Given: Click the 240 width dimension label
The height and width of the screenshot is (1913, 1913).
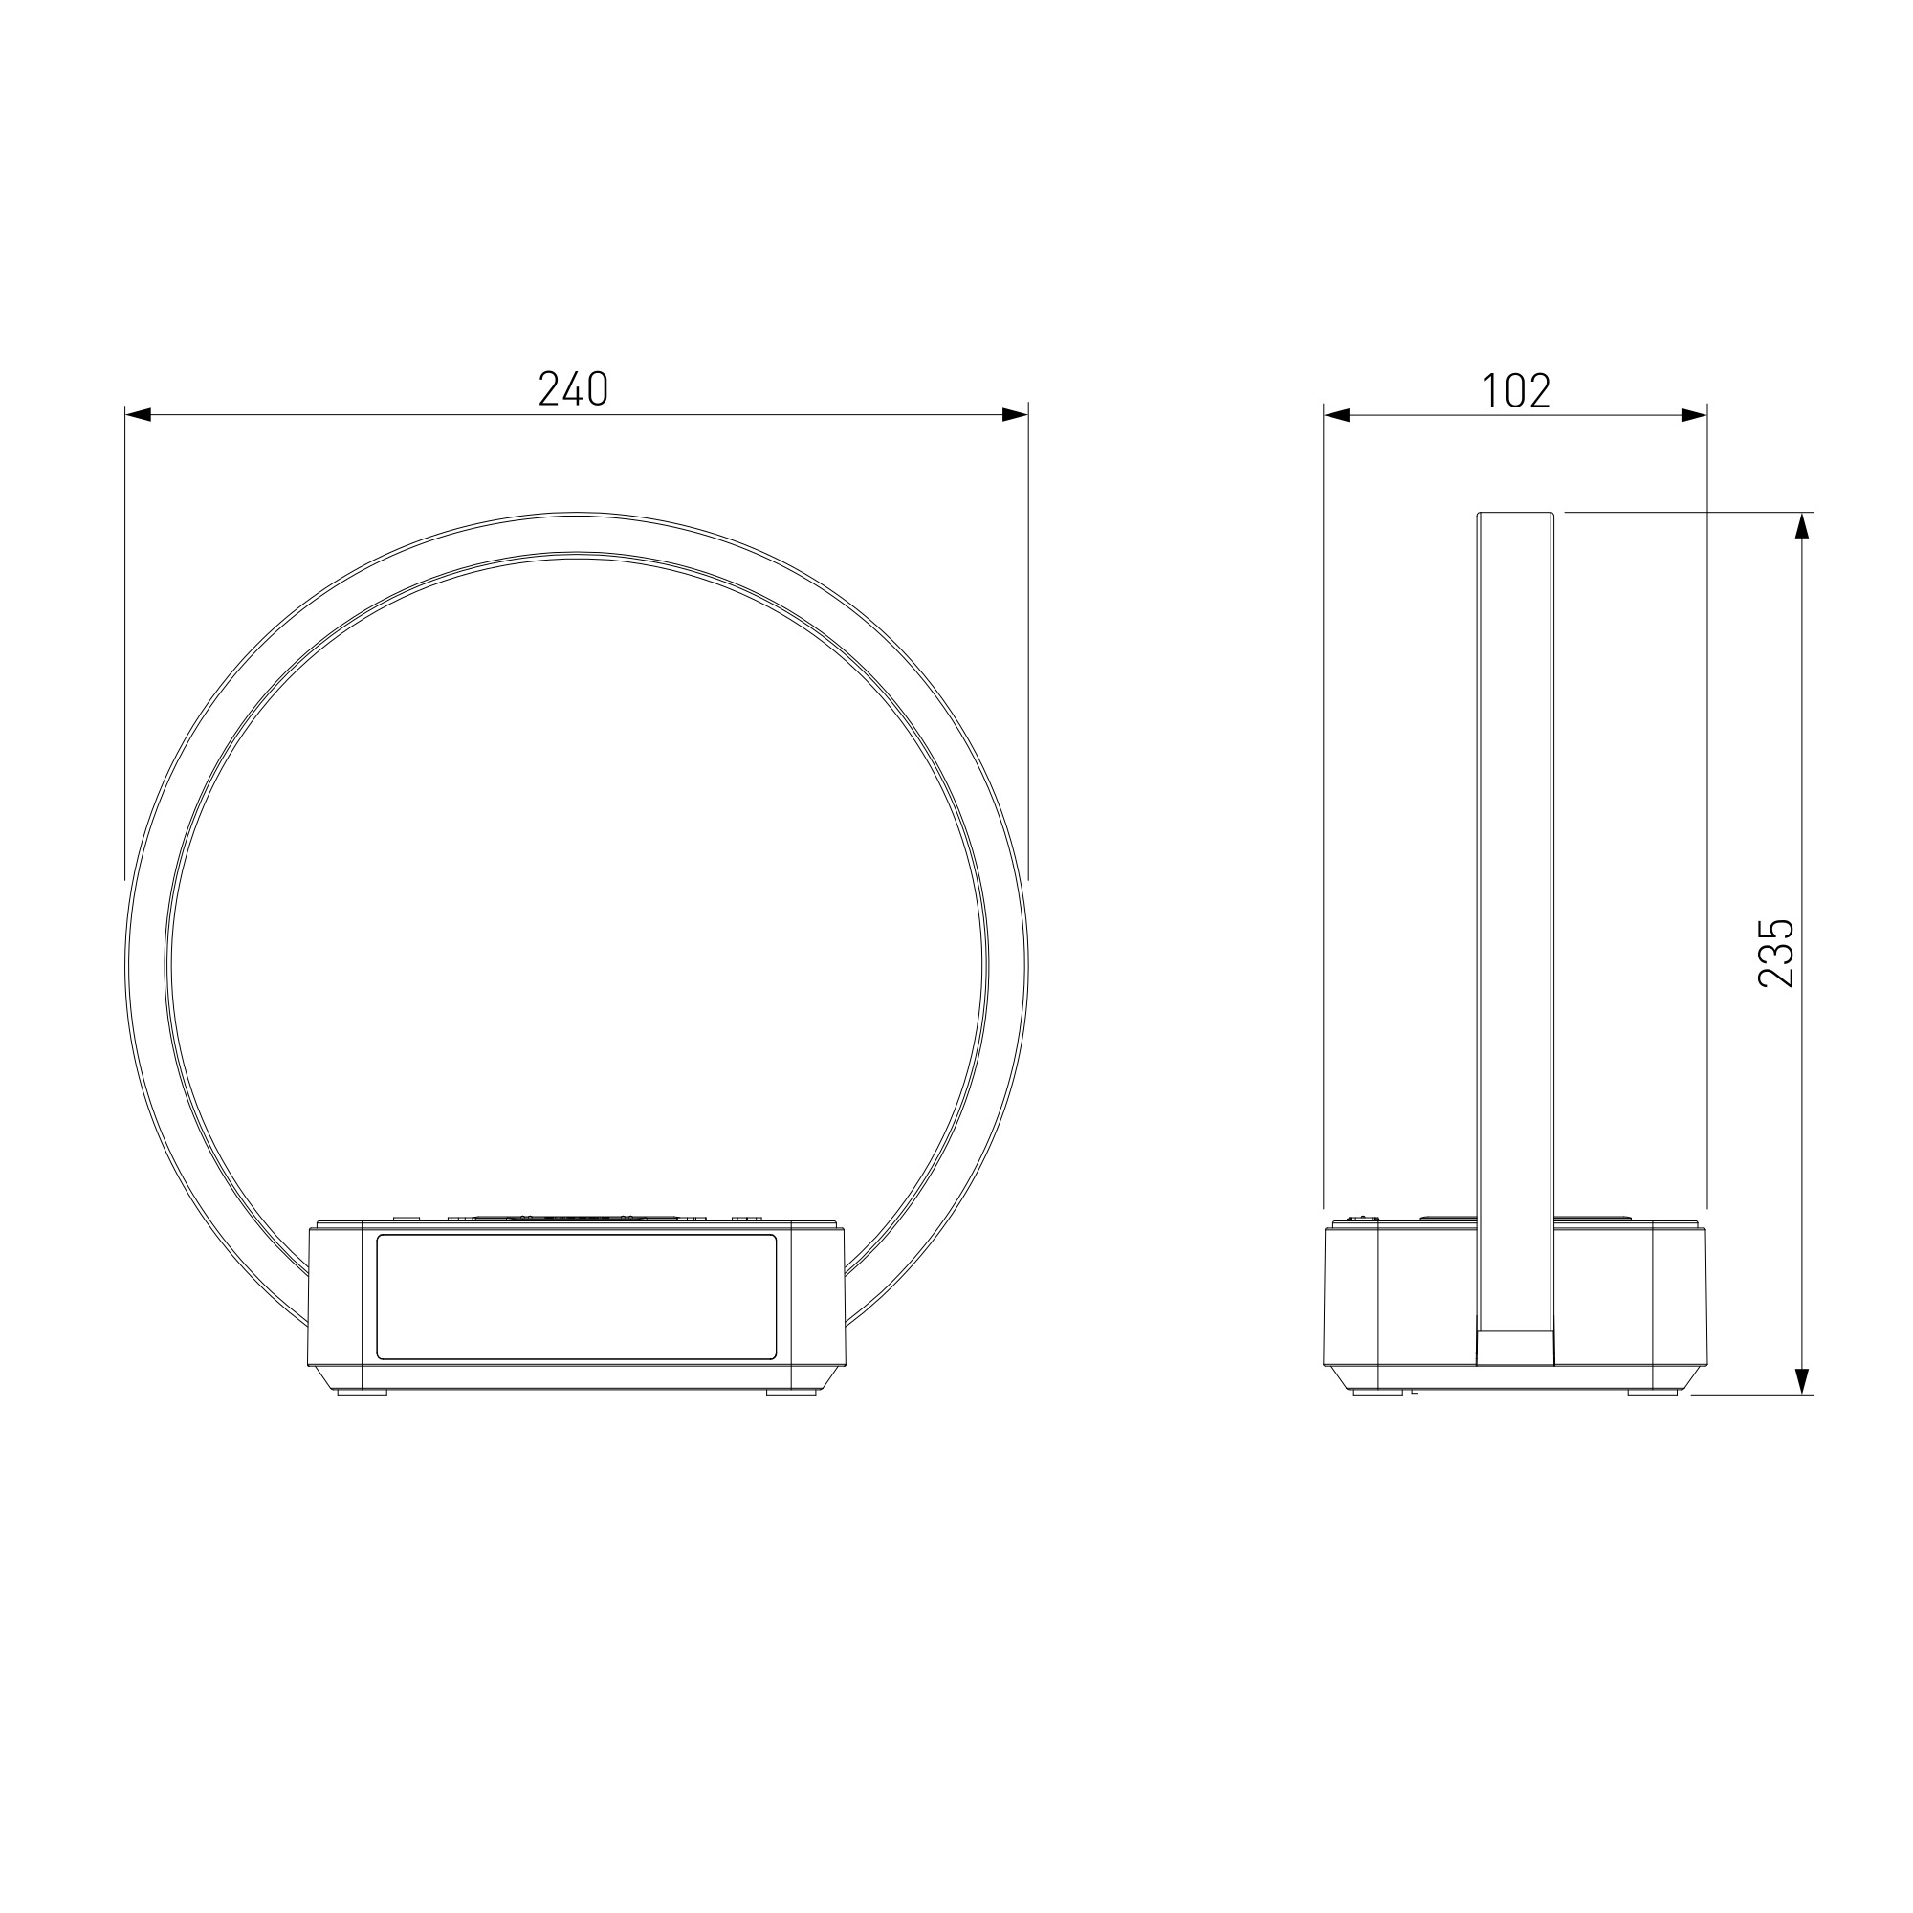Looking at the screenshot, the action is [x=573, y=389].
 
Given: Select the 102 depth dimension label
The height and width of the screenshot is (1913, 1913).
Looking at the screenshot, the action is [x=1516, y=391].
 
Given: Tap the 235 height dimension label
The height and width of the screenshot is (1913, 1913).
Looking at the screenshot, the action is [x=1775, y=953].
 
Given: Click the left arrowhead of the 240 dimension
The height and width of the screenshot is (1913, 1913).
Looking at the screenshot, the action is [x=138, y=415].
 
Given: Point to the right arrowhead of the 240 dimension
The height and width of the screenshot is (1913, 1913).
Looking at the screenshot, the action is [x=1015, y=415].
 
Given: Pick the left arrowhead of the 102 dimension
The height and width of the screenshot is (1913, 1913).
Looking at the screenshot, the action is [x=1338, y=416].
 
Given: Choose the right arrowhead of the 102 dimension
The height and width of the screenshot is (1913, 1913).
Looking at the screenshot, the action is [x=1694, y=416].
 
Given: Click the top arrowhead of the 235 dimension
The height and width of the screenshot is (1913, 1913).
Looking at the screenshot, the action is [x=1802, y=526].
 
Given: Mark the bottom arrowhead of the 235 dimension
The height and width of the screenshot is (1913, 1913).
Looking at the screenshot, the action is [x=1802, y=1380].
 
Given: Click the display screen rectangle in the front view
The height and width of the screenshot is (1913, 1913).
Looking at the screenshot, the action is [x=576, y=1297].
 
